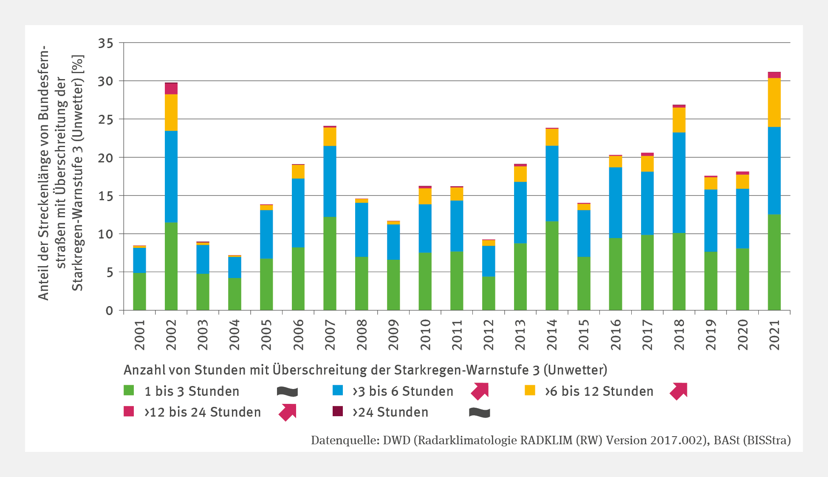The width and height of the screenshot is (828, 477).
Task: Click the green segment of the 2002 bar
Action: click(x=171, y=266)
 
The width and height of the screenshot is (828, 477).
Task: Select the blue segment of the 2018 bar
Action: click(x=679, y=183)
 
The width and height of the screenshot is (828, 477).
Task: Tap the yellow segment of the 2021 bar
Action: click(x=774, y=102)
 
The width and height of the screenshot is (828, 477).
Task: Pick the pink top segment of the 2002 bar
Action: click(x=171, y=88)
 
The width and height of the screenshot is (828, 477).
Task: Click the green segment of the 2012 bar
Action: click(x=489, y=293)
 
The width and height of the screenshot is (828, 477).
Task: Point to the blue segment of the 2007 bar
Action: click(x=330, y=182)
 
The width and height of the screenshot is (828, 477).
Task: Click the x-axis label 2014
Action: click(x=552, y=335)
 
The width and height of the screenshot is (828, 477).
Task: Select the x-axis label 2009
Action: click(x=393, y=335)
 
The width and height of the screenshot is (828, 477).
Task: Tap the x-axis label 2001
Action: click(x=139, y=335)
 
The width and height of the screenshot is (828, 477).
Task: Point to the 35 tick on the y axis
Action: click(x=106, y=43)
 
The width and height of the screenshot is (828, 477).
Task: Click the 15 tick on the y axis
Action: click(x=106, y=196)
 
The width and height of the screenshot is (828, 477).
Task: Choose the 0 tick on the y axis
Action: click(x=110, y=311)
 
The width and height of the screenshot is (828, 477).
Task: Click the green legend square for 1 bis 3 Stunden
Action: click(x=129, y=390)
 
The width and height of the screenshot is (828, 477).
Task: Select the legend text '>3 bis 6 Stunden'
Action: click(x=403, y=391)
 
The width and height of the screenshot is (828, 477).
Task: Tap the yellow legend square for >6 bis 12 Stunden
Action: click(x=530, y=390)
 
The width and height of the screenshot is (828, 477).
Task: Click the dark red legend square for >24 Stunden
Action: click(x=338, y=411)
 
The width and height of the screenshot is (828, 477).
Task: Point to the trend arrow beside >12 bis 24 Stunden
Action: click(x=288, y=412)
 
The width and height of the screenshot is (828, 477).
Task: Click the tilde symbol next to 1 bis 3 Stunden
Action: click(x=287, y=391)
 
